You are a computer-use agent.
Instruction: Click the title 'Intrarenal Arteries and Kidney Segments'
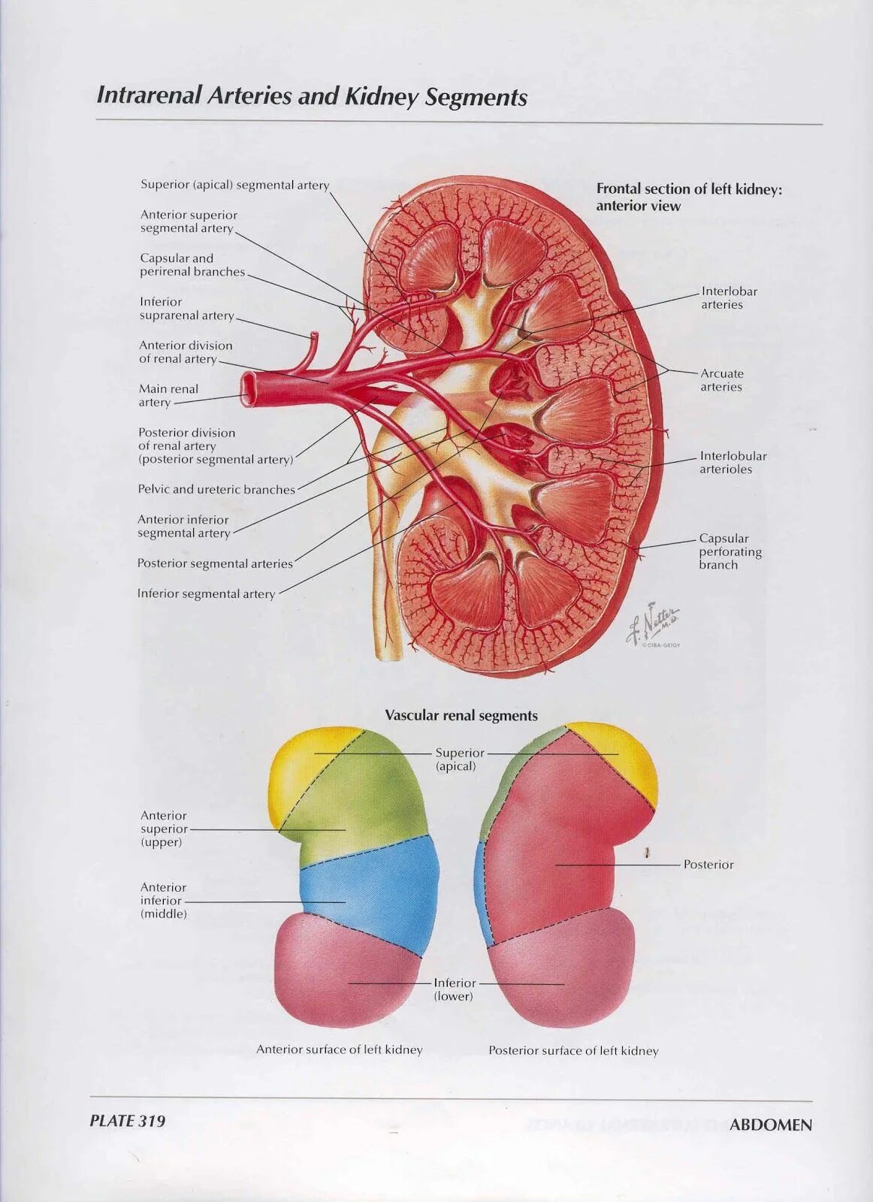point(312,97)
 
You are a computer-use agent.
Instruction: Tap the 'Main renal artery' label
point(168,396)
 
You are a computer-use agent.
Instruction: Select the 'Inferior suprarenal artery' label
point(186,309)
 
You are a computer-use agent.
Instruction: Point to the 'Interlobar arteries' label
point(729,298)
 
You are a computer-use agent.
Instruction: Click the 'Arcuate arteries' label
point(721,380)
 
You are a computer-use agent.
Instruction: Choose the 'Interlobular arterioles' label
point(733,463)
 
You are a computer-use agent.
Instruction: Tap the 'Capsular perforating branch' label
point(730,551)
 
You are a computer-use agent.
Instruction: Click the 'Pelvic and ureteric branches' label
point(216,490)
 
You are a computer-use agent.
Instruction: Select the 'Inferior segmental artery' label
point(206,594)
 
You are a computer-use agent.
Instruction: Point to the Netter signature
point(654,622)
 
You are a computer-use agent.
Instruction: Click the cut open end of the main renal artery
point(249,388)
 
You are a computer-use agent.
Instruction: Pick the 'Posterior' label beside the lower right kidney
point(708,865)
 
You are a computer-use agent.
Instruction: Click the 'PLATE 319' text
point(127,1121)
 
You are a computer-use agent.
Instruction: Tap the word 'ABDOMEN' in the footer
point(771,1125)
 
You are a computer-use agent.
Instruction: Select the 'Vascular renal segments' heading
point(461,716)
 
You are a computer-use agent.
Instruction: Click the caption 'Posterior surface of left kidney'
point(573,1051)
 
